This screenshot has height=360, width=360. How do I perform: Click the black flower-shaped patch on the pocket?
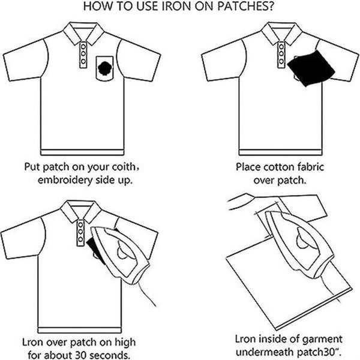(104, 68)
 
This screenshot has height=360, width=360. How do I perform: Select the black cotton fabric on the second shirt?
(311, 68)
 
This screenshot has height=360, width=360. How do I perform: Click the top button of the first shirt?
(83, 47)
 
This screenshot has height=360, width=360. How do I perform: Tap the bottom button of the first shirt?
(83, 62)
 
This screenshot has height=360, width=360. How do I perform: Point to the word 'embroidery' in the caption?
(65, 180)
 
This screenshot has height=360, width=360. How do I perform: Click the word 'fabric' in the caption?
(310, 167)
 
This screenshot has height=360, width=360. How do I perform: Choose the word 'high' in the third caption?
(125, 343)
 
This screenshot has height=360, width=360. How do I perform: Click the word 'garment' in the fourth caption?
(323, 340)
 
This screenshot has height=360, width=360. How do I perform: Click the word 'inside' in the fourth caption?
(273, 339)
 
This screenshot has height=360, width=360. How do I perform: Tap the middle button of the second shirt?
(281, 54)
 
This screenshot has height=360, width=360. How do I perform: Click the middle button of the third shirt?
(80, 232)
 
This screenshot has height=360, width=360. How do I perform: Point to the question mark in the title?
(271, 6)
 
